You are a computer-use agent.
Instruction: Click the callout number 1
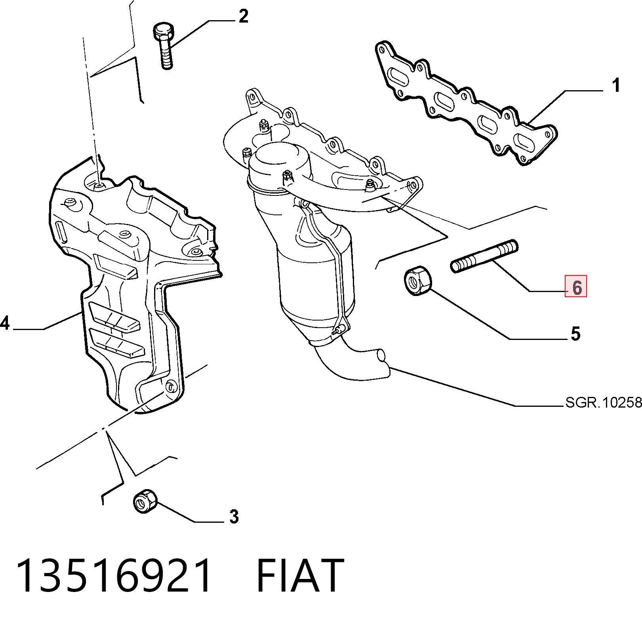[x=616, y=85]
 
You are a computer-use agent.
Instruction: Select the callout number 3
[x=234, y=517]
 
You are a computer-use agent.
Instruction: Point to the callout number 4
[x=5, y=323]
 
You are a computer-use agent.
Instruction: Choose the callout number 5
[x=575, y=334]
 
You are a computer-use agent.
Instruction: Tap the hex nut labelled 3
[x=145, y=501]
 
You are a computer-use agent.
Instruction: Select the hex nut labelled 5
[x=418, y=280]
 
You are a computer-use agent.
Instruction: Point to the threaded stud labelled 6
[x=484, y=256]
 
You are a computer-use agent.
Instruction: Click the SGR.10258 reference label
[x=603, y=402]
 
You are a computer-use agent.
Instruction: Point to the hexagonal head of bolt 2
[x=163, y=30]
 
